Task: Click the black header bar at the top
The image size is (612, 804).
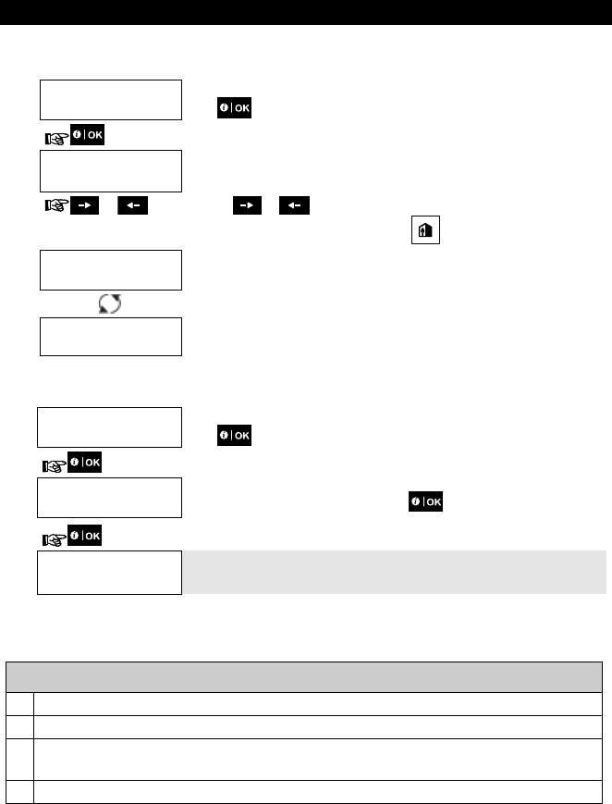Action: (306, 12)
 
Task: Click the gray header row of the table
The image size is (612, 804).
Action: (306, 676)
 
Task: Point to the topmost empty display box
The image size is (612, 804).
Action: (110, 100)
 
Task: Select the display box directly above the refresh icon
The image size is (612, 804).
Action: (110, 269)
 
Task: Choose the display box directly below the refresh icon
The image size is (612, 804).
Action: (110, 337)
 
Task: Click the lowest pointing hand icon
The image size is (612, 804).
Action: (57, 538)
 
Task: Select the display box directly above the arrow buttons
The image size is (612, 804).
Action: (110, 170)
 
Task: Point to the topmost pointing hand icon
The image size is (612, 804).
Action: (57, 137)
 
